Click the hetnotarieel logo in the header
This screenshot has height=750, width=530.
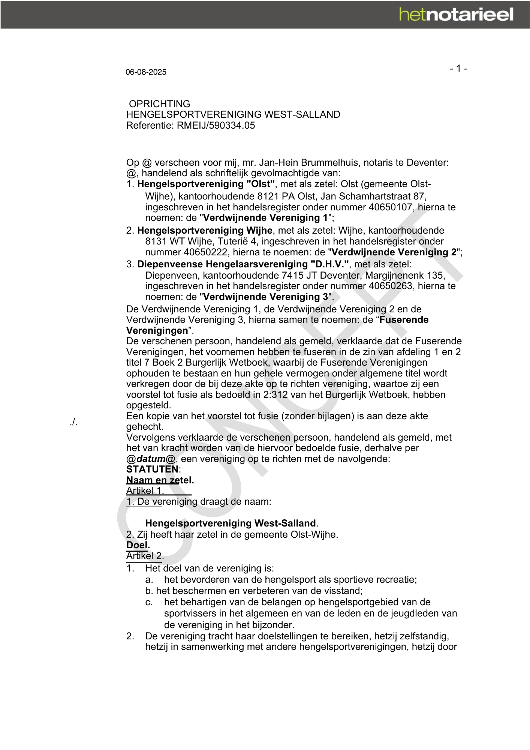point(456,15)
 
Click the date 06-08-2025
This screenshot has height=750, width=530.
point(146,72)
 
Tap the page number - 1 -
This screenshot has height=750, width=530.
point(458,69)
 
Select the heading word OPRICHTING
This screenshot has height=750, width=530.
point(159,104)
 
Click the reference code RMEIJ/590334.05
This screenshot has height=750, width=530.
point(216,125)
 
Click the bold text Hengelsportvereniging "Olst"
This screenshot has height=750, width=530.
point(206,184)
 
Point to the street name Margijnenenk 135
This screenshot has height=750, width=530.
point(405,275)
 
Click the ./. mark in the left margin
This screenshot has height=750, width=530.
point(73,422)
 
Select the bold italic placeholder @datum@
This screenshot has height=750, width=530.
point(151,459)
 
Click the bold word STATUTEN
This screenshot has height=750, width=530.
point(152,469)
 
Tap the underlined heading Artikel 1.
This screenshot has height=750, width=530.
point(145,491)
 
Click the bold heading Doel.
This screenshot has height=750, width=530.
point(138,545)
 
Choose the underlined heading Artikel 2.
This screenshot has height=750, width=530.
point(145,556)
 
